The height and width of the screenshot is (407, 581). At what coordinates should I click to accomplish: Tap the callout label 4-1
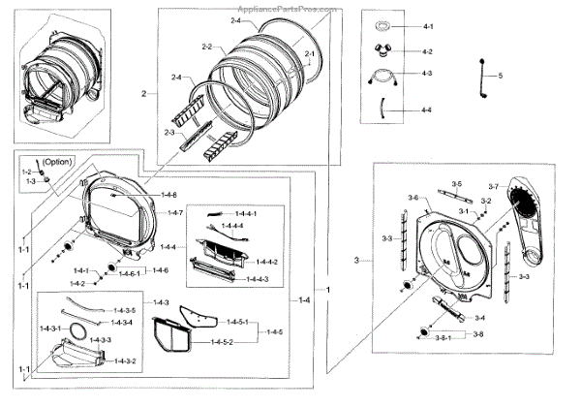coord(428,23)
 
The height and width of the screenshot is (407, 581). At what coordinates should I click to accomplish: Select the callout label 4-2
coord(428,51)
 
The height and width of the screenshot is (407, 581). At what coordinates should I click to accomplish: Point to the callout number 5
coord(501,76)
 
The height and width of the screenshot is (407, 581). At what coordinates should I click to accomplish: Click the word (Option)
coord(57,162)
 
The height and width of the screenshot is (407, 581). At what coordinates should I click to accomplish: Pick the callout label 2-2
coord(207,47)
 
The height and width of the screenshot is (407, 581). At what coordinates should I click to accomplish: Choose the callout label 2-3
coord(169,132)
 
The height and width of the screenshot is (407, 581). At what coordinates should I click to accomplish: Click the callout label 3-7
coord(493,186)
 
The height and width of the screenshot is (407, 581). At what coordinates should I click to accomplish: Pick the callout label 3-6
coord(412,198)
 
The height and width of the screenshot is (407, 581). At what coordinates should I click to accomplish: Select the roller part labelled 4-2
coord(383,51)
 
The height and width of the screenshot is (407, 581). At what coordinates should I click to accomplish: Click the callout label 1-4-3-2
coord(125,360)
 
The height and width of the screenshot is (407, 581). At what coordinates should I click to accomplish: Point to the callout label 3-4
coord(479,318)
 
